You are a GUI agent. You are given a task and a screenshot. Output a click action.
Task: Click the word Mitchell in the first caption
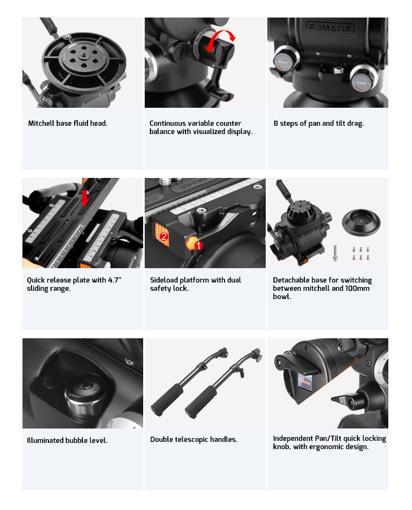(41, 123)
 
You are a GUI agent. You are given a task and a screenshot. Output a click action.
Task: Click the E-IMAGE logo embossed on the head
(331, 29)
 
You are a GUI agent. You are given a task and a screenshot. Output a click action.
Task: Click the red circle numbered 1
(198, 245)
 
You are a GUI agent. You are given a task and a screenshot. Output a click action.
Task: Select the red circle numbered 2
(164, 236)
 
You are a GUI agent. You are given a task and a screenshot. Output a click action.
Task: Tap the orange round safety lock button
(192, 243)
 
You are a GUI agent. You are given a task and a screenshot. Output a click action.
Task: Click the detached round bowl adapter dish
(361, 222)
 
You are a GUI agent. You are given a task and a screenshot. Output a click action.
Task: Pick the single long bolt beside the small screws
(335, 253)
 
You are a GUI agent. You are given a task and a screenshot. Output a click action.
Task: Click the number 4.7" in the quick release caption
(115, 279)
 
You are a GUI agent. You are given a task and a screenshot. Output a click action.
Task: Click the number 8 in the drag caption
(276, 123)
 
